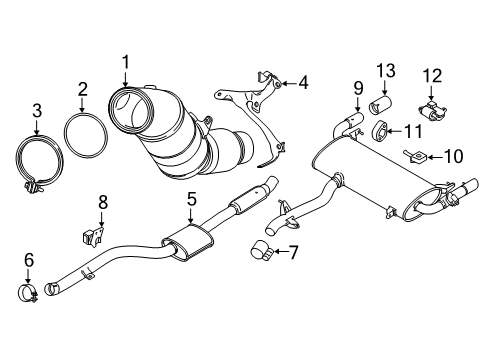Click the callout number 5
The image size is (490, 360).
point(191,200)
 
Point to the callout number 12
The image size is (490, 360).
point(432,74)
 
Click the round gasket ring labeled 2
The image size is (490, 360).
point(83,138)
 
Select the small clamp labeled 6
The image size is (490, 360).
point(29,293)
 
